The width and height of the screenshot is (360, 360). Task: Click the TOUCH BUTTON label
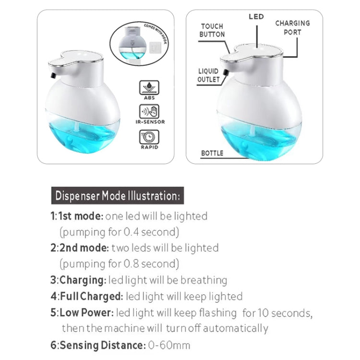212,30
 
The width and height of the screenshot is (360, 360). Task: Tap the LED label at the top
256,17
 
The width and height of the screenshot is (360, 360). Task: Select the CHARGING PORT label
292,27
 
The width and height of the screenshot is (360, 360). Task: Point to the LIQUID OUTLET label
209,75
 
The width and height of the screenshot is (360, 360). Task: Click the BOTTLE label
212,153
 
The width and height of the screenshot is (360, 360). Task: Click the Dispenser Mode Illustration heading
117,196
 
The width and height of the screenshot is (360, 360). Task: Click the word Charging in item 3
83,280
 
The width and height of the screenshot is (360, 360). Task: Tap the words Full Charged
92,296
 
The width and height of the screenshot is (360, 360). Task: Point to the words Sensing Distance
102,345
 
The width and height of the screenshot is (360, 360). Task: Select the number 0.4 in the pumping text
131,232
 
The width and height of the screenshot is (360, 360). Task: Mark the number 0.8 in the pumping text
131,264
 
